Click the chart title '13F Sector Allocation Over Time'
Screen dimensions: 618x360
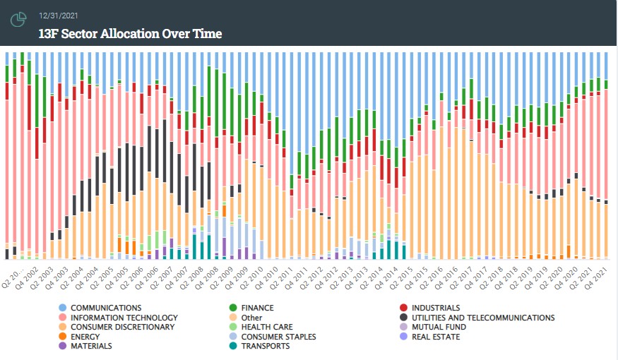point(130,33)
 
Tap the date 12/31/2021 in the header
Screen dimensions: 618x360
point(59,16)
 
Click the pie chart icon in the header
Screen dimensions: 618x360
point(18,19)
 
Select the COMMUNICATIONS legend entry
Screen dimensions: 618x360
point(100,308)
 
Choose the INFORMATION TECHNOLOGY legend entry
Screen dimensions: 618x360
point(118,318)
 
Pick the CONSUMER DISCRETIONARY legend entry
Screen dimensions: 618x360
point(117,327)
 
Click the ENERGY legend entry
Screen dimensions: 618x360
point(79,337)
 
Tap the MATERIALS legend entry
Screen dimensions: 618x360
point(85,346)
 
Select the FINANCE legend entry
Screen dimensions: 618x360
point(251,308)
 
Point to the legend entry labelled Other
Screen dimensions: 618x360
point(246,318)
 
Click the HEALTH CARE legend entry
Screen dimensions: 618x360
point(261,327)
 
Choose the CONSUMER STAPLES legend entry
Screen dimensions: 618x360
point(273,337)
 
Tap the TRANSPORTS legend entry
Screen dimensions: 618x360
point(259,346)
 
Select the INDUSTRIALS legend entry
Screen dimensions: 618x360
point(429,308)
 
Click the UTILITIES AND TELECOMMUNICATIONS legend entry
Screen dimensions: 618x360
point(477,318)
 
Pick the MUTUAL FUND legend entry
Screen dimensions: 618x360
point(433,327)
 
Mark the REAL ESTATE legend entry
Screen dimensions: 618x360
point(429,337)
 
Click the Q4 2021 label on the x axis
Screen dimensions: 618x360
point(596,278)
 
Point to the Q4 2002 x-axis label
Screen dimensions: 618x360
point(28,278)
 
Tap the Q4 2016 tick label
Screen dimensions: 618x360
point(446,278)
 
